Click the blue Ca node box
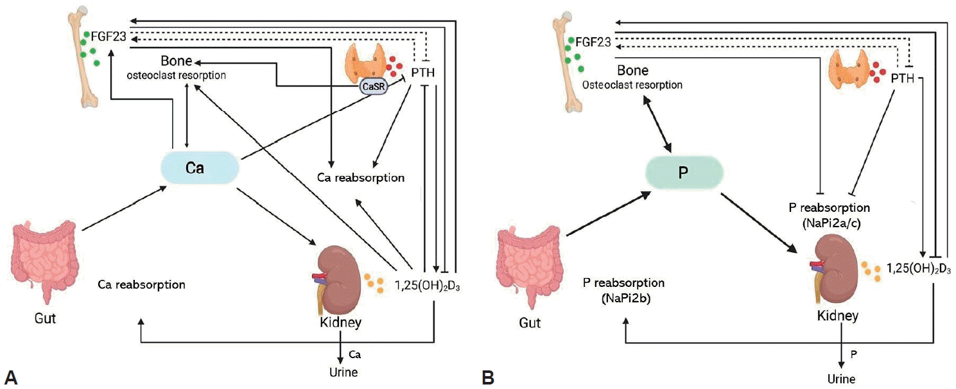(x=200, y=168)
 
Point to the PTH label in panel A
(x=421, y=71)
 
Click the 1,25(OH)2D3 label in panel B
(x=918, y=267)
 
